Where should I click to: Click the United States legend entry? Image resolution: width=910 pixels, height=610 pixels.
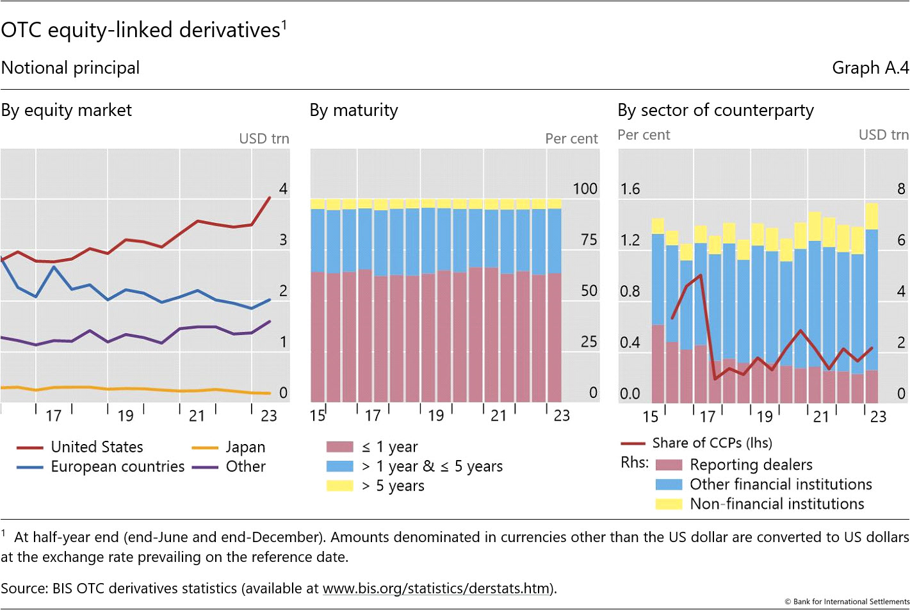coord(96,447)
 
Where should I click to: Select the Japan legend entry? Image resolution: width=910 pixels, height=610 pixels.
coord(245,447)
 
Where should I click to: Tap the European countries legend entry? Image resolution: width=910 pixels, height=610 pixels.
coord(117,466)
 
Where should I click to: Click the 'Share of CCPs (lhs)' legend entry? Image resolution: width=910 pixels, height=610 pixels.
coord(711,443)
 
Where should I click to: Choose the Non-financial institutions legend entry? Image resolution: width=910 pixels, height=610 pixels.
coord(776,504)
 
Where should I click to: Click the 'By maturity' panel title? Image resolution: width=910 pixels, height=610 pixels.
coord(353,110)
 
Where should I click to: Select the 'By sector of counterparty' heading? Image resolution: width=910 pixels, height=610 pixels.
coord(715,110)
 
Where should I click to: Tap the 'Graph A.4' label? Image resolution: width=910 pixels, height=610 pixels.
coord(870,68)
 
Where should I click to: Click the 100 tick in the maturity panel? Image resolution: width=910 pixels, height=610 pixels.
coord(585,189)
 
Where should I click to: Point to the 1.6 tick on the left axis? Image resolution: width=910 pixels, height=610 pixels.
coord(630,189)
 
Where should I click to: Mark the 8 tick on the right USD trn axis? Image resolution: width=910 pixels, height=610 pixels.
coord(901,189)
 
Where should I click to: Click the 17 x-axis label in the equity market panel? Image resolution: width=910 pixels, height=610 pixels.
coord(54,416)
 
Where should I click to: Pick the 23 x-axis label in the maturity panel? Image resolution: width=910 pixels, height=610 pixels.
coord(562,416)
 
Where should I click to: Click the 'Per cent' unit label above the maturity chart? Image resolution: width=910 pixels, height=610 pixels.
coord(571,139)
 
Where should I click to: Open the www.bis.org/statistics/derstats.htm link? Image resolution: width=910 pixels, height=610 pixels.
coord(436,588)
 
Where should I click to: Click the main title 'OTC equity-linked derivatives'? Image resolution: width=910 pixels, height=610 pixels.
coord(141,30)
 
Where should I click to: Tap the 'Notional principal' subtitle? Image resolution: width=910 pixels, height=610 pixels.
coord(70,68)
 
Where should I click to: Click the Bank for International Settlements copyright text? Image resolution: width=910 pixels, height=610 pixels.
coord(847,602)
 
